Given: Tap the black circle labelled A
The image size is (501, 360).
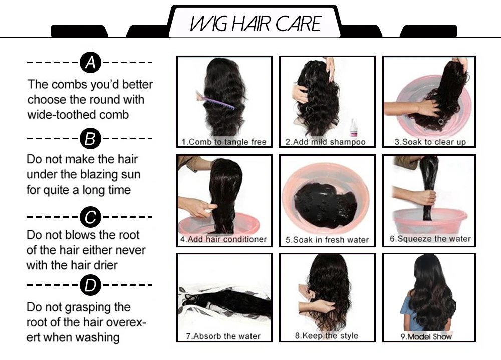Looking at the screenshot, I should coord(90,63).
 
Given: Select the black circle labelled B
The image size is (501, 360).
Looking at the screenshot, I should coord(90,138).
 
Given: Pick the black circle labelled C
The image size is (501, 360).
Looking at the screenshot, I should coord(90,217).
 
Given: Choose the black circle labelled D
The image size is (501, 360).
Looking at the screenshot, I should coord(90,285).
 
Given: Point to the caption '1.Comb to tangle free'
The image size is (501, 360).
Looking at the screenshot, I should coord(224,142).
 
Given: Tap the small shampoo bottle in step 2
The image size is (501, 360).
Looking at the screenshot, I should coord(355,129).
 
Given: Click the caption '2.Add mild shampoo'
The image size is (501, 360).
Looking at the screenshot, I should coord(326,142).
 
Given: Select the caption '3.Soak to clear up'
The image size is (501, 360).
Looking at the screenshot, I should coord(430,142).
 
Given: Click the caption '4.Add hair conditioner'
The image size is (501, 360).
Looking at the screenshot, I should coord(223,239).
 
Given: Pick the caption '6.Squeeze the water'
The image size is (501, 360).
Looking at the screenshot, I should coord(430,239).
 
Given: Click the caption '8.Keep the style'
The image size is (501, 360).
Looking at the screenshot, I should coord(326,335).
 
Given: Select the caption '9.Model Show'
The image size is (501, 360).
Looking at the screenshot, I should coord(426,336).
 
